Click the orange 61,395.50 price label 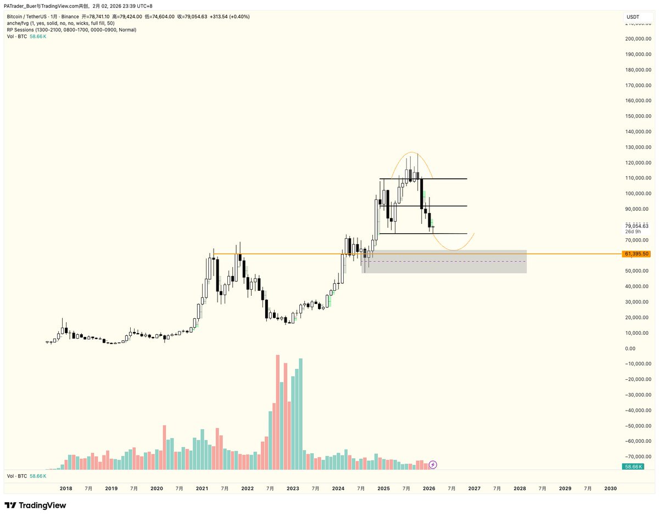coord(637,254)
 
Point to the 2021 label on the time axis coord(202,488)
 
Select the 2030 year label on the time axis coord(610,488)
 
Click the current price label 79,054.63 coord(637,226)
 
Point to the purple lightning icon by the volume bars coord(433,465)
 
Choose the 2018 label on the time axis coord(66,488)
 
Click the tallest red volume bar coord(278,412)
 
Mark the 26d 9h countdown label coord(633,232)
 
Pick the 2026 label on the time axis coord(429,488)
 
